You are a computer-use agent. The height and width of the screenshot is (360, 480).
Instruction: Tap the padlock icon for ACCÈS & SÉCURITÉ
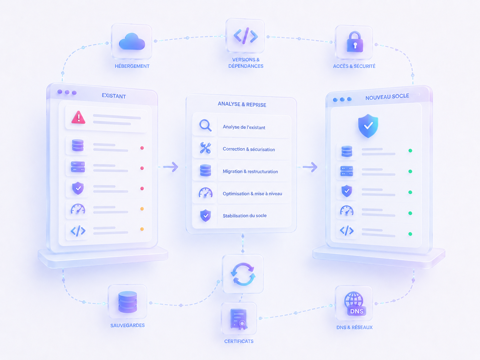point(355,42)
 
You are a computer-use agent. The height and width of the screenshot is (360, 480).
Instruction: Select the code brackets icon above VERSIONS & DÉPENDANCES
point(246,35)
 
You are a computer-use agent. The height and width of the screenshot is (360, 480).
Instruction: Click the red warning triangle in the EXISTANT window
point(78,117)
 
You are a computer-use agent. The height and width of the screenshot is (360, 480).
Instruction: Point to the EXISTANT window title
point(114,96)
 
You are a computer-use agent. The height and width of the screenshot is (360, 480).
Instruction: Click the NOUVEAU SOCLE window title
point(387,97)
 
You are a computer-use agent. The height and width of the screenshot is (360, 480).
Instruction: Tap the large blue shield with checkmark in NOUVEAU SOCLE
point(368,126)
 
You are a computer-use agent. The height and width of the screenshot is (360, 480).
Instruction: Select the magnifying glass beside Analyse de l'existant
point(205,125)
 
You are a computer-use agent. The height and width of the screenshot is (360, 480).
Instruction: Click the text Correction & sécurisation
point(249,149)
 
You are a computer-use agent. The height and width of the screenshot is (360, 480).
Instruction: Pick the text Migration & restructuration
point(250,172)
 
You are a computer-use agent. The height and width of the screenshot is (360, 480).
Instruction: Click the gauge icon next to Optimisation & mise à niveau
point(205,193)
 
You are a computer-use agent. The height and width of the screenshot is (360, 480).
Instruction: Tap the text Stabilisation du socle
point(245,216)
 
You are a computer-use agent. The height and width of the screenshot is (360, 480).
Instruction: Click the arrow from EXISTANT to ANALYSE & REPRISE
point(171,167)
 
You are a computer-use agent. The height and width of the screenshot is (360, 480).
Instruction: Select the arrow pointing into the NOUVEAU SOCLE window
point(310,167)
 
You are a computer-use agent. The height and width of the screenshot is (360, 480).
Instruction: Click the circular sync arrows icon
point(243,274)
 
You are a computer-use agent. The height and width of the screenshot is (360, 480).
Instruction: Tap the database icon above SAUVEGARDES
point(128,302)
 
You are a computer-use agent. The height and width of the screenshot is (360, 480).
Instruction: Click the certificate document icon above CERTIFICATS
point(239,319)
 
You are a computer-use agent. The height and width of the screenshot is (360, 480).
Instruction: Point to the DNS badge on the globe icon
point(357,311)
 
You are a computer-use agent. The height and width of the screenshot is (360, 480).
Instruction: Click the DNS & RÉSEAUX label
point(354,327)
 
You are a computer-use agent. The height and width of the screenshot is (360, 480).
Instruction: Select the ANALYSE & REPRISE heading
point(242,104)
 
